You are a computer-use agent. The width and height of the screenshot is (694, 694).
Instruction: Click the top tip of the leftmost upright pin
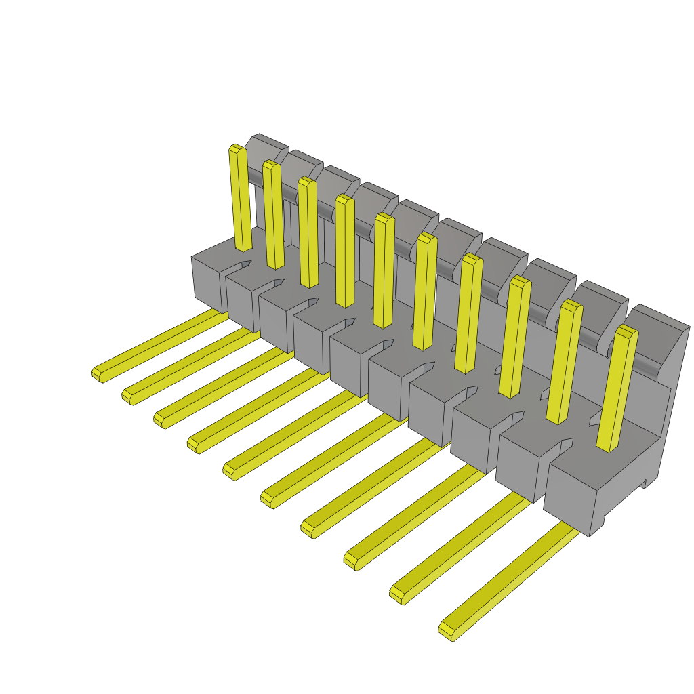pyautogui.click(x=237, y=148)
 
